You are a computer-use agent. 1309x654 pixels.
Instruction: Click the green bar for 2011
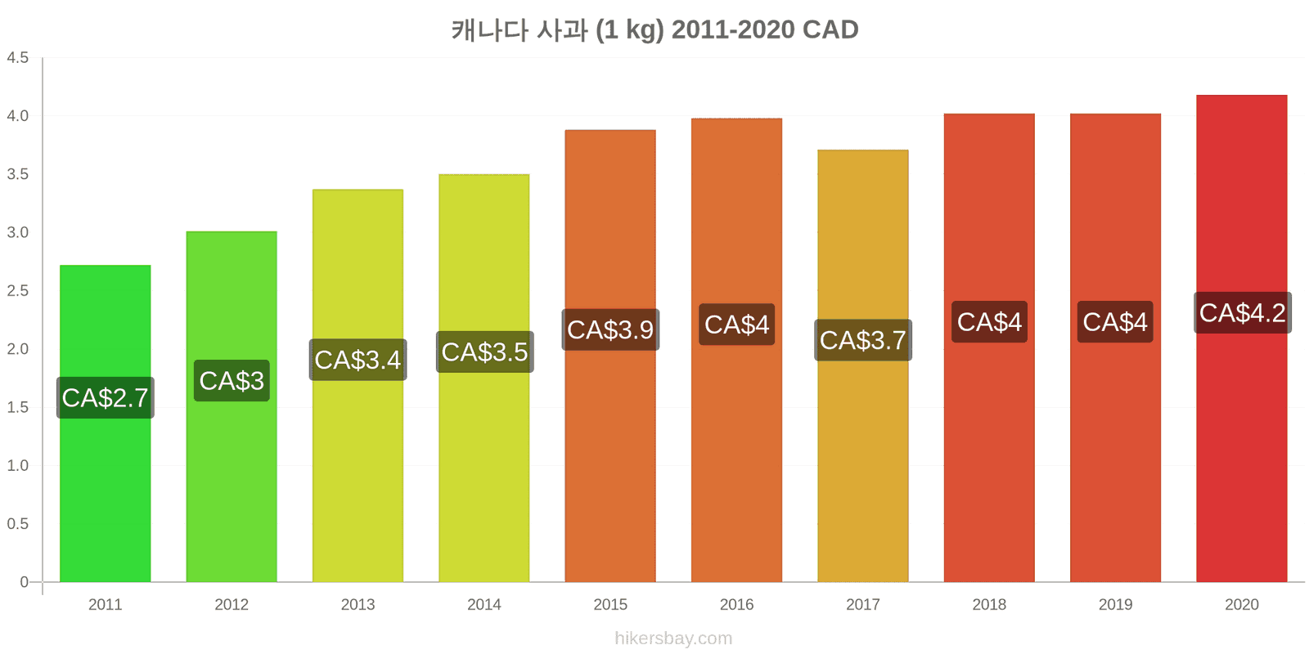tap(106, 423)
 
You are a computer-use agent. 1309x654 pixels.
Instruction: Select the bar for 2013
tap(358, 385)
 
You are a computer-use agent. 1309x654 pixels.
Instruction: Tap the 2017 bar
tap(862, 366)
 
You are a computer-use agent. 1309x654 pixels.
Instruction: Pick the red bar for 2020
tap(1242, 338)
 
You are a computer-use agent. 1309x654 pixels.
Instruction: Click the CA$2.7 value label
tap(106, 397)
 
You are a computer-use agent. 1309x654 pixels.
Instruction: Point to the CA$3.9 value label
tap(610, 329)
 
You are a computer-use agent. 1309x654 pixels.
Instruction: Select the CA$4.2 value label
tap(1243, 312)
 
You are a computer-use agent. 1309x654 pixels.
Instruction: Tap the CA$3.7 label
tap(863, 340)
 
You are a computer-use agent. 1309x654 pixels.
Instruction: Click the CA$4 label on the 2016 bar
tap(737, 324)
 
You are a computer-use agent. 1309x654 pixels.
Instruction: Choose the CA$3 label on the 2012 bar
tap(232, 381)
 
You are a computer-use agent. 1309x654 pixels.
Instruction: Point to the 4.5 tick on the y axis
tap(17, 58)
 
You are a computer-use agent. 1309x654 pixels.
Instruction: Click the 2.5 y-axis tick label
tap(17, 291)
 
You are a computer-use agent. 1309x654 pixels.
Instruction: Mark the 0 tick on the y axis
tap(24, 581)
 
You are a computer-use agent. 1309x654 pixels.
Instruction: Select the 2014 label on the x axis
tap(484, 604)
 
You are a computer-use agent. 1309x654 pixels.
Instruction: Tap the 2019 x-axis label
tap(1116, 604)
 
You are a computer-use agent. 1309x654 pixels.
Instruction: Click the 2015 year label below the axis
tap(610, 604)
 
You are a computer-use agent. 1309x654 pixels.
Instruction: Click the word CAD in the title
tap(830, 29)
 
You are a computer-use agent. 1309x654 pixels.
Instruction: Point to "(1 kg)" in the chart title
tap(630, 30)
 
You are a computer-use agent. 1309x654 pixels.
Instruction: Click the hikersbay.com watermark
tap(673, 638)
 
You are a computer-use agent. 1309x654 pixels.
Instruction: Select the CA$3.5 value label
tap(485, 352)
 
